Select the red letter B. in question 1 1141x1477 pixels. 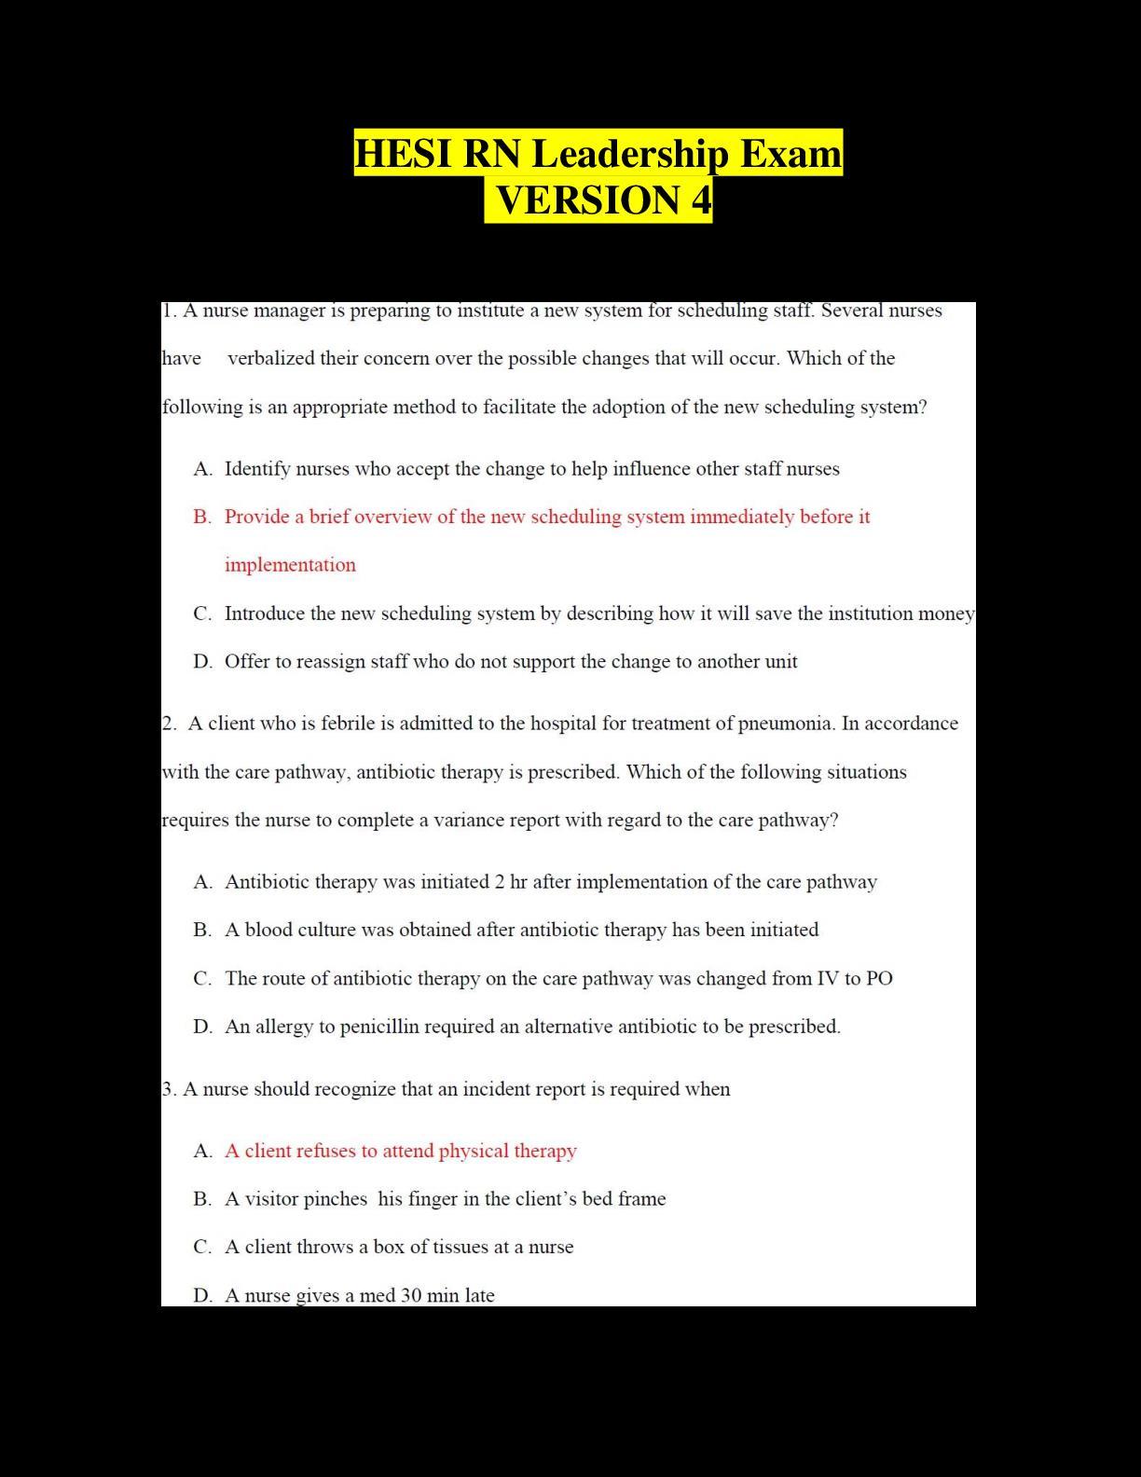point(202,517)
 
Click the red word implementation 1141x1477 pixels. point(290,565)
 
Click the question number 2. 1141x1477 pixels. point(168,724)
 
